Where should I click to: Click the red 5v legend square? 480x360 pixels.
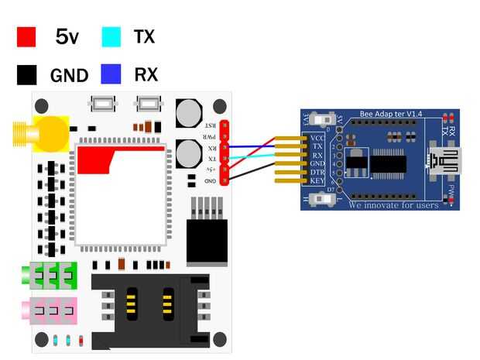[x=27, y=36]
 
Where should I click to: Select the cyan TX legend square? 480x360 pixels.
[x=111, y=36]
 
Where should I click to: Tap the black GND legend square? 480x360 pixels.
[x=27, y=75]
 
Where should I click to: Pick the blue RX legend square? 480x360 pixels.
[x=111, y=74]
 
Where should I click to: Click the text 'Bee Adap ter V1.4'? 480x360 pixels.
[x=391, y=115]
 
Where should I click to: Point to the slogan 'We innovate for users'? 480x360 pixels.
[x=393, y=205]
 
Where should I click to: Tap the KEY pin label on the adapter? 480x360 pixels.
[x=317, y=180]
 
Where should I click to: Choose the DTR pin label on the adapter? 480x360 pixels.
[x=317, y=172]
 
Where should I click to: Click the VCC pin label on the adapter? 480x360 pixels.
[x=317, y=138]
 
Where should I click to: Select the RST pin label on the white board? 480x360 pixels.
[x=210, y=125]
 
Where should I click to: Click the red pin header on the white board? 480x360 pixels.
[x=225, y=153]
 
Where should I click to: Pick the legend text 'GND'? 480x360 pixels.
[x=69, y=75]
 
